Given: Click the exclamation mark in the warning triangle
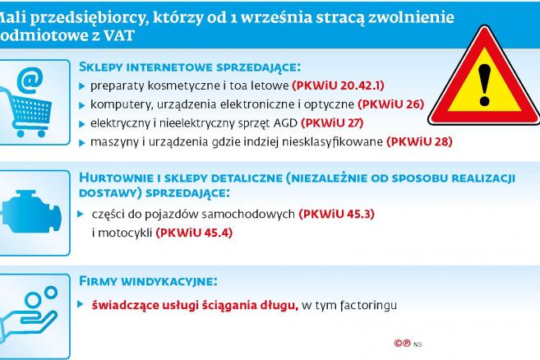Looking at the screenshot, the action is [x=484, y=85].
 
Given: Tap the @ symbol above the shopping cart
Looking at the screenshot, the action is [x=30, y=81].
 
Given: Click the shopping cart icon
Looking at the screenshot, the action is [x=25, y=113].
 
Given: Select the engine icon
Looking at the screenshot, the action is [x=31, y=212].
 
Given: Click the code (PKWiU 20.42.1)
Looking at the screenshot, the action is [x=338, y=85].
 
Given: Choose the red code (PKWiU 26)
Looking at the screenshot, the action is [x=390, y=104].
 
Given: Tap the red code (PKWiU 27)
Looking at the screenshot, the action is [x=332, y=123].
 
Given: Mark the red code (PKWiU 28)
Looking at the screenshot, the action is [x=419, y=141].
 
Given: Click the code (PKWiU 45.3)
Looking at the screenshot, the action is [x=336, y=214].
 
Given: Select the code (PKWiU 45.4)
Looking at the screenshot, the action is [x=194, y=233].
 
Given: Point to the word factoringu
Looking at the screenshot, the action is [x=368, y=306].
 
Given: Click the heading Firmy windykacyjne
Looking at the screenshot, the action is [x=148, y=281].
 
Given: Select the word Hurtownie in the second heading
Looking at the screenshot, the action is [x=117, y=178].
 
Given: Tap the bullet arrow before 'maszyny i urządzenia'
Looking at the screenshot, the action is [x=82, y=143].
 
